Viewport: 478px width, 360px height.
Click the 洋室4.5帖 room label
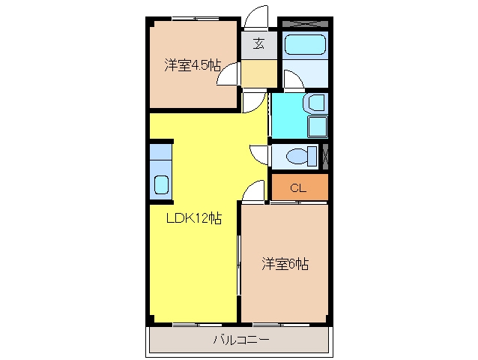pos(193,65)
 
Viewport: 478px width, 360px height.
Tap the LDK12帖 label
pos(194,218)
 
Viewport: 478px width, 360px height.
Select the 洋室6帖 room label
pos(285,264)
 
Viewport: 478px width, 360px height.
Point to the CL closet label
pos(298,187)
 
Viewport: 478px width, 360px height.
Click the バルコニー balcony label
pos(241,340)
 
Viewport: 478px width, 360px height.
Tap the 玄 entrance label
pos(258,43)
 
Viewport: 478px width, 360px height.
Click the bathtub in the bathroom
pos(305,45)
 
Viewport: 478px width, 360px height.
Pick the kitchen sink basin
pos(161,184)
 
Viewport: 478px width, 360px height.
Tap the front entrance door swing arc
pos(256,16)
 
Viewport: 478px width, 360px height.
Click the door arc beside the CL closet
pos(253,190)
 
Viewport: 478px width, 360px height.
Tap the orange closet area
pos(300,187)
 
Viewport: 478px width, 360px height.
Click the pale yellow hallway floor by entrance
pos(259,73)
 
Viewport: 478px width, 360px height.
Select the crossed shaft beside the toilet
pos(325,157)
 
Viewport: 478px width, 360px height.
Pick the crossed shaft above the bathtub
pos(305,23)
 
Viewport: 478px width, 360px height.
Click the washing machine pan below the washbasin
pos(318,127)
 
